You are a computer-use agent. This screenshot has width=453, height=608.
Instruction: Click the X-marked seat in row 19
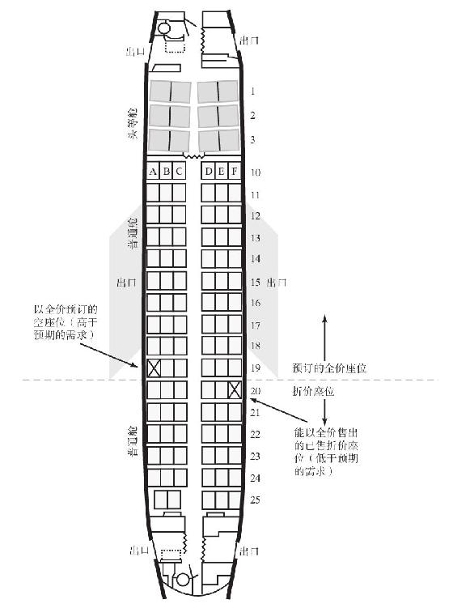154,368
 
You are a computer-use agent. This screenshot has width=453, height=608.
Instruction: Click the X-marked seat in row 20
235,389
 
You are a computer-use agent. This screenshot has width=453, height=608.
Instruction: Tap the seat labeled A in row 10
153,172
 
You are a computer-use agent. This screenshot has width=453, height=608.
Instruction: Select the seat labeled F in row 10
235,172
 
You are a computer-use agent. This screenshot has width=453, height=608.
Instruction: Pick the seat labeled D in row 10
209,172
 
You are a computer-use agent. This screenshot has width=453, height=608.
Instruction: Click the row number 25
255,500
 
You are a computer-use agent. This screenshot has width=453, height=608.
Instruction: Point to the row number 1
253,91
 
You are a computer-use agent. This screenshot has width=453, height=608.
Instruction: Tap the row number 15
255,282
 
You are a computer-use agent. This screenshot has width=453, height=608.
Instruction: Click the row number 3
252,139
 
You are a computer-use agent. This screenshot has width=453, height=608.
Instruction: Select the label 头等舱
133,123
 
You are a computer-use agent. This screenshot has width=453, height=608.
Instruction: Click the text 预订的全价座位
329,368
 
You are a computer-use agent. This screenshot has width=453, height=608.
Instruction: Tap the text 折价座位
313,391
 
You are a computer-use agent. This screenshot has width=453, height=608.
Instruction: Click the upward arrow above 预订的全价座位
324,338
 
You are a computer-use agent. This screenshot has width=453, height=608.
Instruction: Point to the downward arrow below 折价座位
324,412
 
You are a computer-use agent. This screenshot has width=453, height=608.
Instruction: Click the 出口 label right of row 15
277,283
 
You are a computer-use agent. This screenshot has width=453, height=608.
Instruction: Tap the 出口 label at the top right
249,40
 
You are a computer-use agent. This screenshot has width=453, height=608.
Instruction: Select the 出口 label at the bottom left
139,550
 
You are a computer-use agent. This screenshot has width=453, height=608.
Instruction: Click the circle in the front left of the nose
164,28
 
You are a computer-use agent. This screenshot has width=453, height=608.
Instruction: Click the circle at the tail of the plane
183,580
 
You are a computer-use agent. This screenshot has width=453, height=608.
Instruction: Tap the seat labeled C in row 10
179,172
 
